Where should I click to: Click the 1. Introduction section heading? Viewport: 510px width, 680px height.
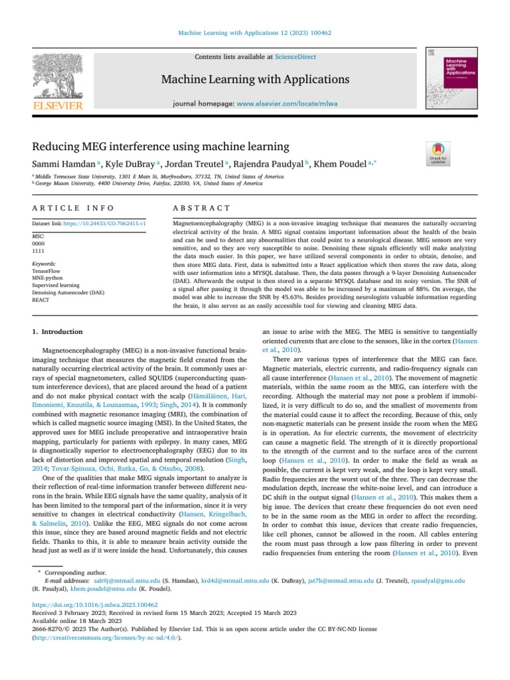[x=58, y=331]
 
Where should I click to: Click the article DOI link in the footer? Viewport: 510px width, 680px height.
[x=95, y=606]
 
